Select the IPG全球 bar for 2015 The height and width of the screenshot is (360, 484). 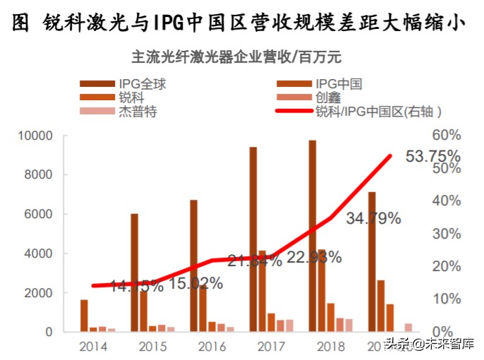[134, 272]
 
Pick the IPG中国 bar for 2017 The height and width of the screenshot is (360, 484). [262, 291]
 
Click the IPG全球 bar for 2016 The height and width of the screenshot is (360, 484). [193, 265]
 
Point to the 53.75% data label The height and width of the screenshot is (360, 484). [432, 155]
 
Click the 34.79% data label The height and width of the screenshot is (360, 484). [373, 218]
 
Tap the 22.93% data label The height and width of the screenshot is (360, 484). [314, 257]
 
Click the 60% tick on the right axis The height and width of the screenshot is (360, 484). [446, 136]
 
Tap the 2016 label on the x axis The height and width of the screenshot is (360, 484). [212, 347]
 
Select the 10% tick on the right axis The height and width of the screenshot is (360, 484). [446, 299]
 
